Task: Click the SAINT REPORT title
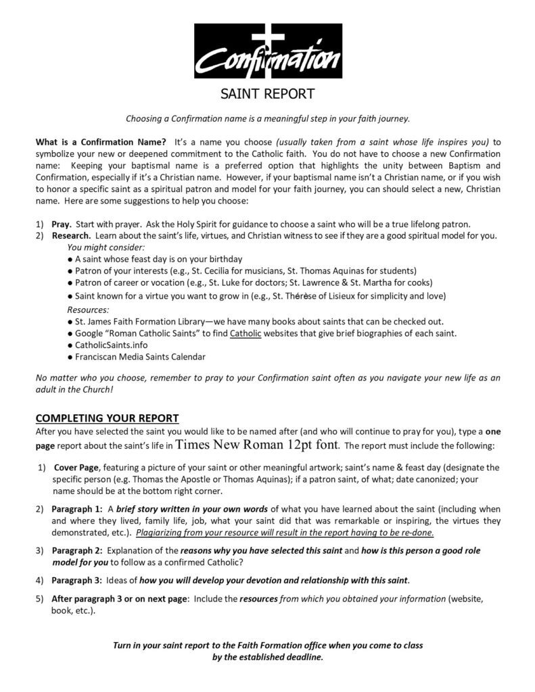tap(267, 94)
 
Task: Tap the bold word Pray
tap(62, 224)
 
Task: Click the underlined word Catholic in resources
tap(244, 333)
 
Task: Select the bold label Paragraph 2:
tap(76, 551)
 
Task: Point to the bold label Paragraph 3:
tap(76, 580)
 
